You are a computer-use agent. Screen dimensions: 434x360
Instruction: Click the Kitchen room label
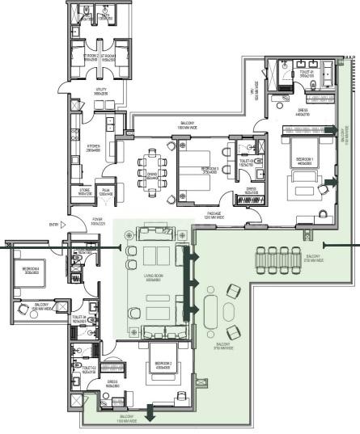pyautogui.click(x=92, y=148)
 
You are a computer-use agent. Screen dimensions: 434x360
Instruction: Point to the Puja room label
pyautogui.click(x=105, y=193)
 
